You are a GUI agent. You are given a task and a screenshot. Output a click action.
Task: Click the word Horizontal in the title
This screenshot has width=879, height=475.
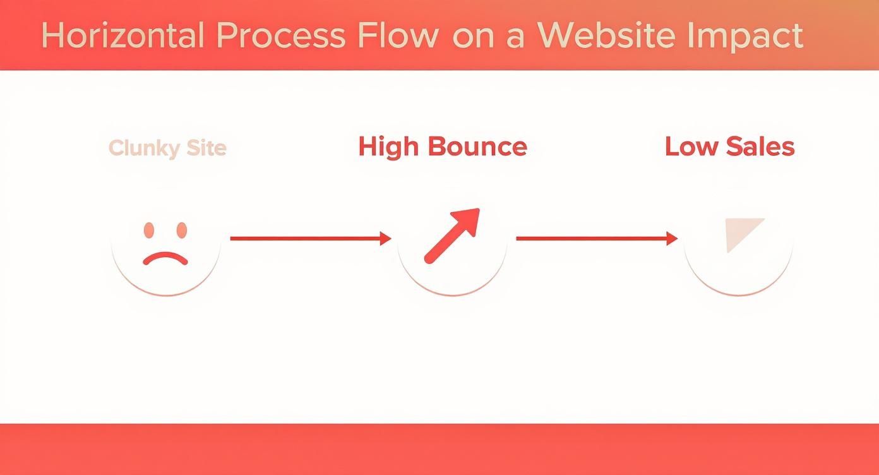123,35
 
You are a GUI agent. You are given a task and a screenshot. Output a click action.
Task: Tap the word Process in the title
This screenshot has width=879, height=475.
280,35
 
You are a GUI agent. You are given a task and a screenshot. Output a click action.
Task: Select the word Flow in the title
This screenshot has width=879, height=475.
398,35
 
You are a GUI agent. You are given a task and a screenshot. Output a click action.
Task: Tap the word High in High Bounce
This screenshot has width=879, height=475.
388,147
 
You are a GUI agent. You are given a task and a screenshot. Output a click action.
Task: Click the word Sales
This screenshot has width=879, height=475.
760,147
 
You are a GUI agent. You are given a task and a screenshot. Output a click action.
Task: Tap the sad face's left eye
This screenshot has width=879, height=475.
149,230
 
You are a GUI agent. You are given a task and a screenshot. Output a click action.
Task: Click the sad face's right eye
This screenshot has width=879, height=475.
182,230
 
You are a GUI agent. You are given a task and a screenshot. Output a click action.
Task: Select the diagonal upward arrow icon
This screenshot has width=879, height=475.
452,236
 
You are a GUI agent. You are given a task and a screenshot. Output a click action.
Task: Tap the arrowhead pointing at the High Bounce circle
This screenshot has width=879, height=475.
385,239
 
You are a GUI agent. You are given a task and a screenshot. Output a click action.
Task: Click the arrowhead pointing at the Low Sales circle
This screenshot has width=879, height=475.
671,239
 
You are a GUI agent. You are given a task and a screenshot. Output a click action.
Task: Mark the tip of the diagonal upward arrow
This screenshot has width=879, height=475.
478,210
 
